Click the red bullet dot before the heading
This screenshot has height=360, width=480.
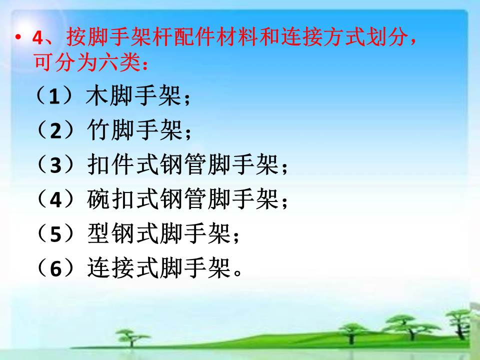(18, 37)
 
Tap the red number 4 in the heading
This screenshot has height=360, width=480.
(38, 38)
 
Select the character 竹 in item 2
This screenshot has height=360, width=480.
(98, 130)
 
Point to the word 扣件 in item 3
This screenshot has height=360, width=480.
(110, 164)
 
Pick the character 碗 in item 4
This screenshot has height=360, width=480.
(98, 199)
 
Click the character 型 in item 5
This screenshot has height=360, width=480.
(98, 233)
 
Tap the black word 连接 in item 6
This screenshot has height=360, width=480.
(110, 268)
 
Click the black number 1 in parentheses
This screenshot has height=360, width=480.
(54, 96)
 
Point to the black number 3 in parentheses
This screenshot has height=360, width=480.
(55, 165)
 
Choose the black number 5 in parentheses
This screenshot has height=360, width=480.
(55, 234)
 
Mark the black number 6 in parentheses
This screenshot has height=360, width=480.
(55, 269)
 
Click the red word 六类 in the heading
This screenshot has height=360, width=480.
(119, 61)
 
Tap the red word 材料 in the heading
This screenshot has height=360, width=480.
(236, 36)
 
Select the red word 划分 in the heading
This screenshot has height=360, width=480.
(387, 36)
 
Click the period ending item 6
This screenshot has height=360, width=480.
(237, 272)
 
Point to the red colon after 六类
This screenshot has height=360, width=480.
(145, 64)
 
